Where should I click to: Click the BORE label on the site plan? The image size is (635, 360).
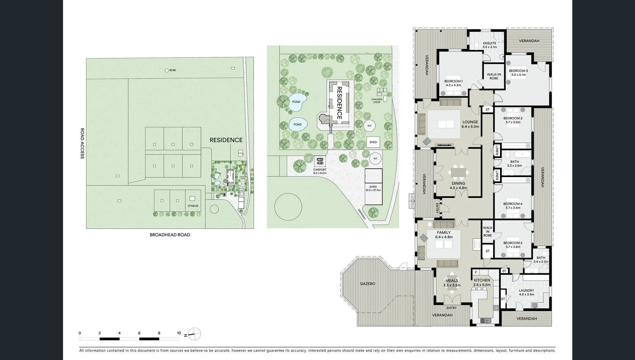pyautogui.click(x=172, y=70)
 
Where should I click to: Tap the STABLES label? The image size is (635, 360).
pyautogui.click(x=193, y=206)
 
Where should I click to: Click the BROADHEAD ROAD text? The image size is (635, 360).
pyautogui.click(x=170, y=235)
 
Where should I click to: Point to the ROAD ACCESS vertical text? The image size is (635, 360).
pyautogui.click(x=82, y=143)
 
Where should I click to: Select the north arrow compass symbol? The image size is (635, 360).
pyautogui.click(x=194, y=334)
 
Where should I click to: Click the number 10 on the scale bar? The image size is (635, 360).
pyautogui.click(x=179, y=333)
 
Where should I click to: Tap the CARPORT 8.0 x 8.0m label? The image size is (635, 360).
pyautogui.click(x=320, y=171)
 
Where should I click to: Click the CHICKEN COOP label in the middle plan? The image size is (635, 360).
pyautogui.click(x=377, y=101)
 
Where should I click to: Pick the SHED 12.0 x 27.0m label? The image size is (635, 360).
pyautogui.click(x=373, y=188)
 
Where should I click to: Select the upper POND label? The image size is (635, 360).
pyautogui.click(x=296, y=102)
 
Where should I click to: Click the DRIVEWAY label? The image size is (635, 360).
pyautogui.click(x=362, y=214)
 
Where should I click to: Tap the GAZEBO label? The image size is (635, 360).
pyautogui.click(x=367, y=284)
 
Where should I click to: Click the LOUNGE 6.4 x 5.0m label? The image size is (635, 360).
pyautogui.click(x=470, y=124)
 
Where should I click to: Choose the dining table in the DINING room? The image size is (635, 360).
pyautogui.click(x=458, y=172)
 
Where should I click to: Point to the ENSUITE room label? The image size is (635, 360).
pyautogui.click(x=489, y=45)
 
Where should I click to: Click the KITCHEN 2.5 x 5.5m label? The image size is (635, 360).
pyautogui.click(x=482, y=282)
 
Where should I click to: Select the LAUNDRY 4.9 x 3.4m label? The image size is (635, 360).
pyautogui.click(x=526, y=292)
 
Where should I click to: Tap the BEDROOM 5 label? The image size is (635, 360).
pyautogui.click(x=513, y=245)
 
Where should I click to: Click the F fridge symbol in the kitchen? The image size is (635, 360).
pyautogui.click(x=476, y=272)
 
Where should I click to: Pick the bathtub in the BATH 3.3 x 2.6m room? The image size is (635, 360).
pyautogui.click(x=522, y=154)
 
